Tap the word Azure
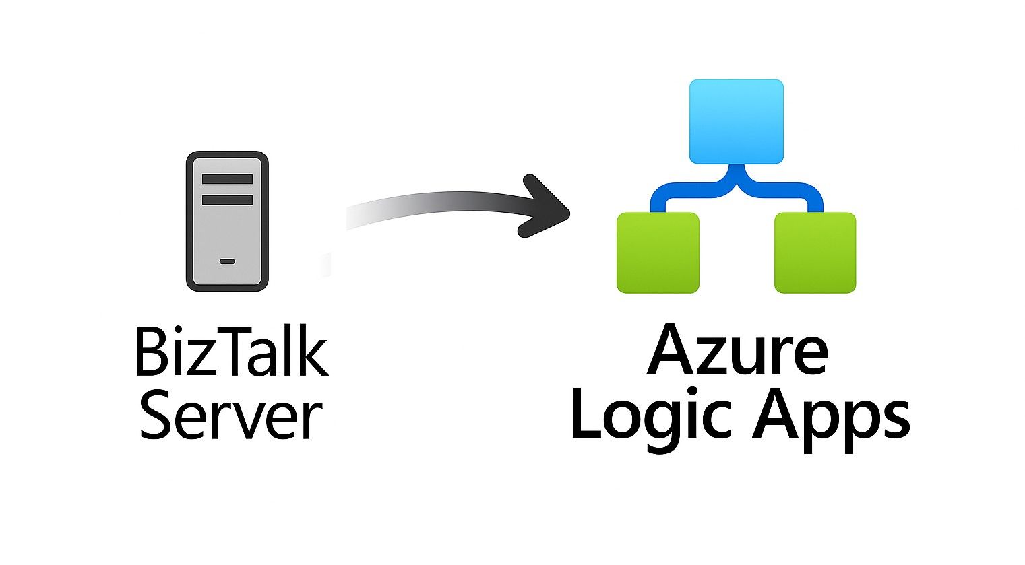737,350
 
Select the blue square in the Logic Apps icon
736,121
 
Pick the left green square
658,253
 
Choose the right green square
815,253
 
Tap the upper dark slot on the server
227,179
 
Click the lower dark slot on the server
227,199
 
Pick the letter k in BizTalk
312,352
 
